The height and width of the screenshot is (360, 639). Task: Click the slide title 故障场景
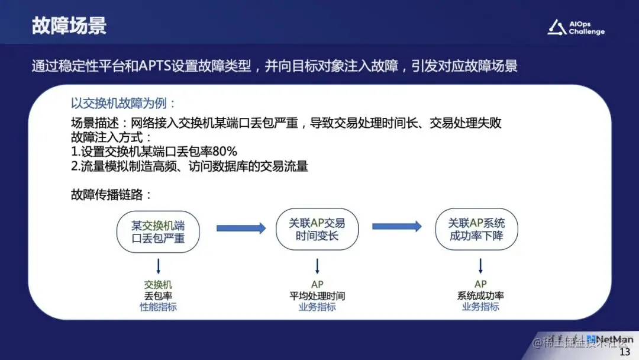click(x=69, y=26)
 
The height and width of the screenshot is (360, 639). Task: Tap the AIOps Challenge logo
click(x=576, y=27)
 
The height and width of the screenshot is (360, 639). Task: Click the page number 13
click(x=625, y=352)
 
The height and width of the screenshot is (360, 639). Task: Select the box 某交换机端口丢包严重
click(x=158, y=232)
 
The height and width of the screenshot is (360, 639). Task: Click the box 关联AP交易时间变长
click(x=317, y=229)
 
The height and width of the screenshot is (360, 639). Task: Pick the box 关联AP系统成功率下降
click(x=476, y=229)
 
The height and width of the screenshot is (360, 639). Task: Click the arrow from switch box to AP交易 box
click(x=241, y=228)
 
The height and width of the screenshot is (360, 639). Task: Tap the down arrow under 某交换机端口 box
click(x=158, y=265)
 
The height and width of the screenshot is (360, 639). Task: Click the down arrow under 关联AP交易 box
click(x=317, y=265)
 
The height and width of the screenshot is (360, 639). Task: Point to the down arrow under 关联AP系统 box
click(x=480, y=265)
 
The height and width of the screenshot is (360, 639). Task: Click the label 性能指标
click(x=158, y=307)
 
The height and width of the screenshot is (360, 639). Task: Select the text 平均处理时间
click(x=317, y=295)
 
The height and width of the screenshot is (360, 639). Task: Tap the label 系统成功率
click(x=480, y=295)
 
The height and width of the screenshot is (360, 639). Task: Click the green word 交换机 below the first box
click(x=158, y=284)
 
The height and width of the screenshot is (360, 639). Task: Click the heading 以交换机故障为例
click(x=124, y=103)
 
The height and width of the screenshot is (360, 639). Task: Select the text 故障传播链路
click(x=112, y=195)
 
